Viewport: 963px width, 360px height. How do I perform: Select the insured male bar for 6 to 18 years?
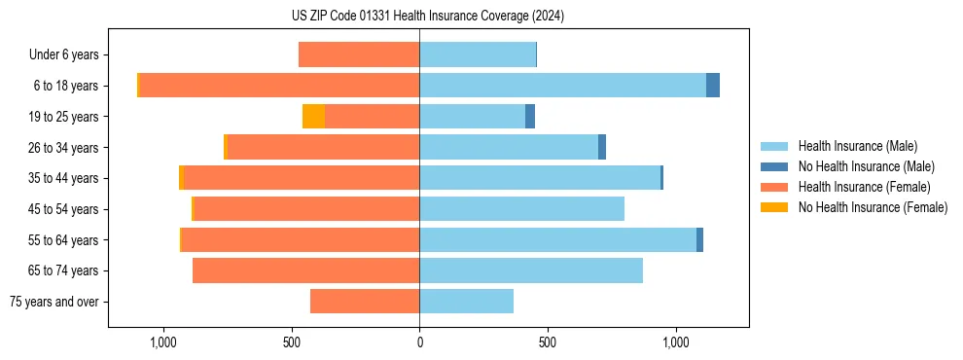562,86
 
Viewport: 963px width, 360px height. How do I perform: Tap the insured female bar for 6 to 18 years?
279,86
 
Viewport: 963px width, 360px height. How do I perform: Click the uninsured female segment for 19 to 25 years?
313,117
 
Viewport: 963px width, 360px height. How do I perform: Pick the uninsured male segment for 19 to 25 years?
530,117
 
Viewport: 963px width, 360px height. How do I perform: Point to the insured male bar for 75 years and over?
466,302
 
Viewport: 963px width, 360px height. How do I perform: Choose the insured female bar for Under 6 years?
359,54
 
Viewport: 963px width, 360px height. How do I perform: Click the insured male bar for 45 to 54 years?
521,209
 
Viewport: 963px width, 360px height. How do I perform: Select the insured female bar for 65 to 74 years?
305,270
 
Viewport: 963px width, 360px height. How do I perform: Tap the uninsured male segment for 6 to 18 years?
713,86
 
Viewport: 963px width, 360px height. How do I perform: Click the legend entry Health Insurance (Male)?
857,146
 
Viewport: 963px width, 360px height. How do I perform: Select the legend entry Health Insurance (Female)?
864,187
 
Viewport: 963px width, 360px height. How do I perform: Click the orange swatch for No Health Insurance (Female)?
774,207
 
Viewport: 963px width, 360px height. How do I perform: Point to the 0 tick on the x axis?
419,342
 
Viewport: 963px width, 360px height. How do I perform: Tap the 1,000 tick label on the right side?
676,342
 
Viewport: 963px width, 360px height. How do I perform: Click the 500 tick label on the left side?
292,342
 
